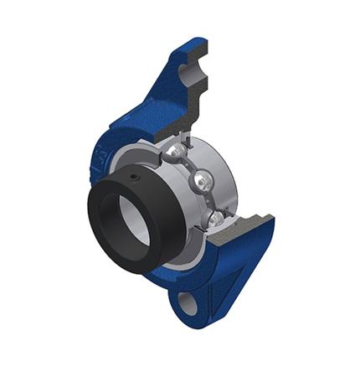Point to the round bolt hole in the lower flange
188,301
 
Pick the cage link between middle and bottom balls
208,202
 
